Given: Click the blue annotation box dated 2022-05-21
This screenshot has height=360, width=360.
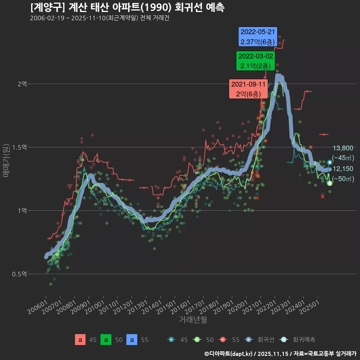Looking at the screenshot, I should point(258,37).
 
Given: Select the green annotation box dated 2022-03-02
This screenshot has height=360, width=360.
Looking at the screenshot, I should point(255,61).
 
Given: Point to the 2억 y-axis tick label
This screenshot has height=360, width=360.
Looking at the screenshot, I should point(22,84).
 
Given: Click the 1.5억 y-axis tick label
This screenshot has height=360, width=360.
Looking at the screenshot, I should point(20,147).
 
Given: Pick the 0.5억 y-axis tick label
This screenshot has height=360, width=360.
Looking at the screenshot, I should point(20,274).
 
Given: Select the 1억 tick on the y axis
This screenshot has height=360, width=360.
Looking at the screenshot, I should point(22,211).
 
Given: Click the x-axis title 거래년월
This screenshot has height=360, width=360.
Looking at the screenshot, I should point(193,320).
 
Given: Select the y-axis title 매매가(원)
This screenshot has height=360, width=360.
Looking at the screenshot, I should point(6,160).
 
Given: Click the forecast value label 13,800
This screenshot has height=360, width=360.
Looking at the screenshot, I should point(343,148).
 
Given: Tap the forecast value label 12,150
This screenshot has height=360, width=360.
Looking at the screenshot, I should point(343,169).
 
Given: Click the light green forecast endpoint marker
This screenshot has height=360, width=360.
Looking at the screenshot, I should point(330,183).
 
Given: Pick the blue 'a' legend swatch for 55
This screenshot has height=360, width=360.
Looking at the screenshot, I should point(132,340).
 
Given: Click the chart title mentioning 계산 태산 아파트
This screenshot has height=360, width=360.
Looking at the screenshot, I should point(127,7).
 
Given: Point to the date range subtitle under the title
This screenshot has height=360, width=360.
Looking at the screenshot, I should point(100,18).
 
